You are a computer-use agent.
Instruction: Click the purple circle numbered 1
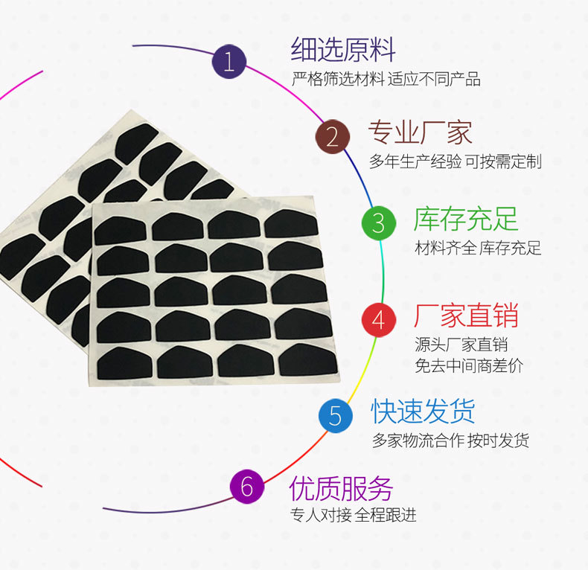click(x=229, y=61)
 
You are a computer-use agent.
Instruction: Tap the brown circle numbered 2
click(x=332, y=136)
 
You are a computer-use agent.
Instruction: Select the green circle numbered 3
click(x=379, y=222)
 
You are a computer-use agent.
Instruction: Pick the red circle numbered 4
click(x=379, y=319)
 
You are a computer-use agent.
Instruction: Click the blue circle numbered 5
click(x=336, y=415)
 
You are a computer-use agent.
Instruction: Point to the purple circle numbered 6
click(x=248, y=487)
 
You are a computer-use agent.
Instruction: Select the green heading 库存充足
click(x=466, y=220)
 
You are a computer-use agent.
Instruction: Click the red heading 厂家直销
click(x=466, y=316)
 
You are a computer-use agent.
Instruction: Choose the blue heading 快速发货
click(x=423, y=412)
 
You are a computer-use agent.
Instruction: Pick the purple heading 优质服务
click(x=341, y=488)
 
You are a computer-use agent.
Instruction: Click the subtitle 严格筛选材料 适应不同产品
click(x=386, y=79)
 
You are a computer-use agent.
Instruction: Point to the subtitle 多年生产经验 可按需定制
click(x=456, y=161)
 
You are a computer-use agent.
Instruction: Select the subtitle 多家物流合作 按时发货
click(x=451, y=441)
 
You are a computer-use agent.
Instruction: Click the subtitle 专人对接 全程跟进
click(x=353, y=515)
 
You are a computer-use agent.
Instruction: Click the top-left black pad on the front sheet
click(x=121, y=229)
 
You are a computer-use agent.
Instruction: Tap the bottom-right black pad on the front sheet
click(x=308, y=360)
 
